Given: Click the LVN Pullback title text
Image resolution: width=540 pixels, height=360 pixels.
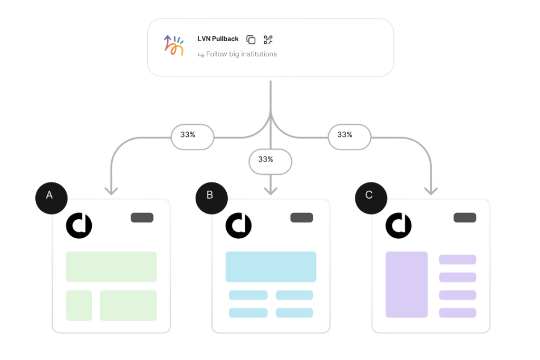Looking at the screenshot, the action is coord(218,39).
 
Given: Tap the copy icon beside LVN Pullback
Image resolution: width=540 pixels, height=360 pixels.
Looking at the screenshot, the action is coord(251,40).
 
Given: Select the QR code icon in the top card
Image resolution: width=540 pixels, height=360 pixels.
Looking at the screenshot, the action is coord(268,40).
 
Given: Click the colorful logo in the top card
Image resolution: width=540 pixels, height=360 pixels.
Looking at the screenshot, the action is coord(173,46).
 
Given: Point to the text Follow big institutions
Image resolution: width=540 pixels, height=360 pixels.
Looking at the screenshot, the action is coord(241,54).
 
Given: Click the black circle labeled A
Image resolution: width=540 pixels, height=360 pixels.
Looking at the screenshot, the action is coord(50,196).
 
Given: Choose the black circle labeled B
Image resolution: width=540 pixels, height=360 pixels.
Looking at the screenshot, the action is coord(210,196).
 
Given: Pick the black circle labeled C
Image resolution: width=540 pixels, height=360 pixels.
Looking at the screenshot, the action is coord(369,196).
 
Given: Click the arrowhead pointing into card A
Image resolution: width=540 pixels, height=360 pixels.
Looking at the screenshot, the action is coord(111,191).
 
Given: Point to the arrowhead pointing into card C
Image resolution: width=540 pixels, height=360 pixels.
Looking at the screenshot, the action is coord(430,191).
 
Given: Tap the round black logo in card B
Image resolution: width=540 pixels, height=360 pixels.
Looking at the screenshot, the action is coord(238,226).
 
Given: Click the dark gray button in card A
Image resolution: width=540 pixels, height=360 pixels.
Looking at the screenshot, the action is coord(142,218).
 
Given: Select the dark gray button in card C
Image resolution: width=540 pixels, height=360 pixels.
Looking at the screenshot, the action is coord(465,218).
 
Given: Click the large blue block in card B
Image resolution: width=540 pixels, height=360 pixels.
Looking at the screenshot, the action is coord(271,267).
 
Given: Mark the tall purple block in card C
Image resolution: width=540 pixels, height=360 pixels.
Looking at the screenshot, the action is coord(407,285).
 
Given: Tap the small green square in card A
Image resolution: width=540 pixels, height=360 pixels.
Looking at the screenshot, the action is coord(79,305).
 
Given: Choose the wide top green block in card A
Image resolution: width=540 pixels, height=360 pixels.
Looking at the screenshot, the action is coord(111,267).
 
